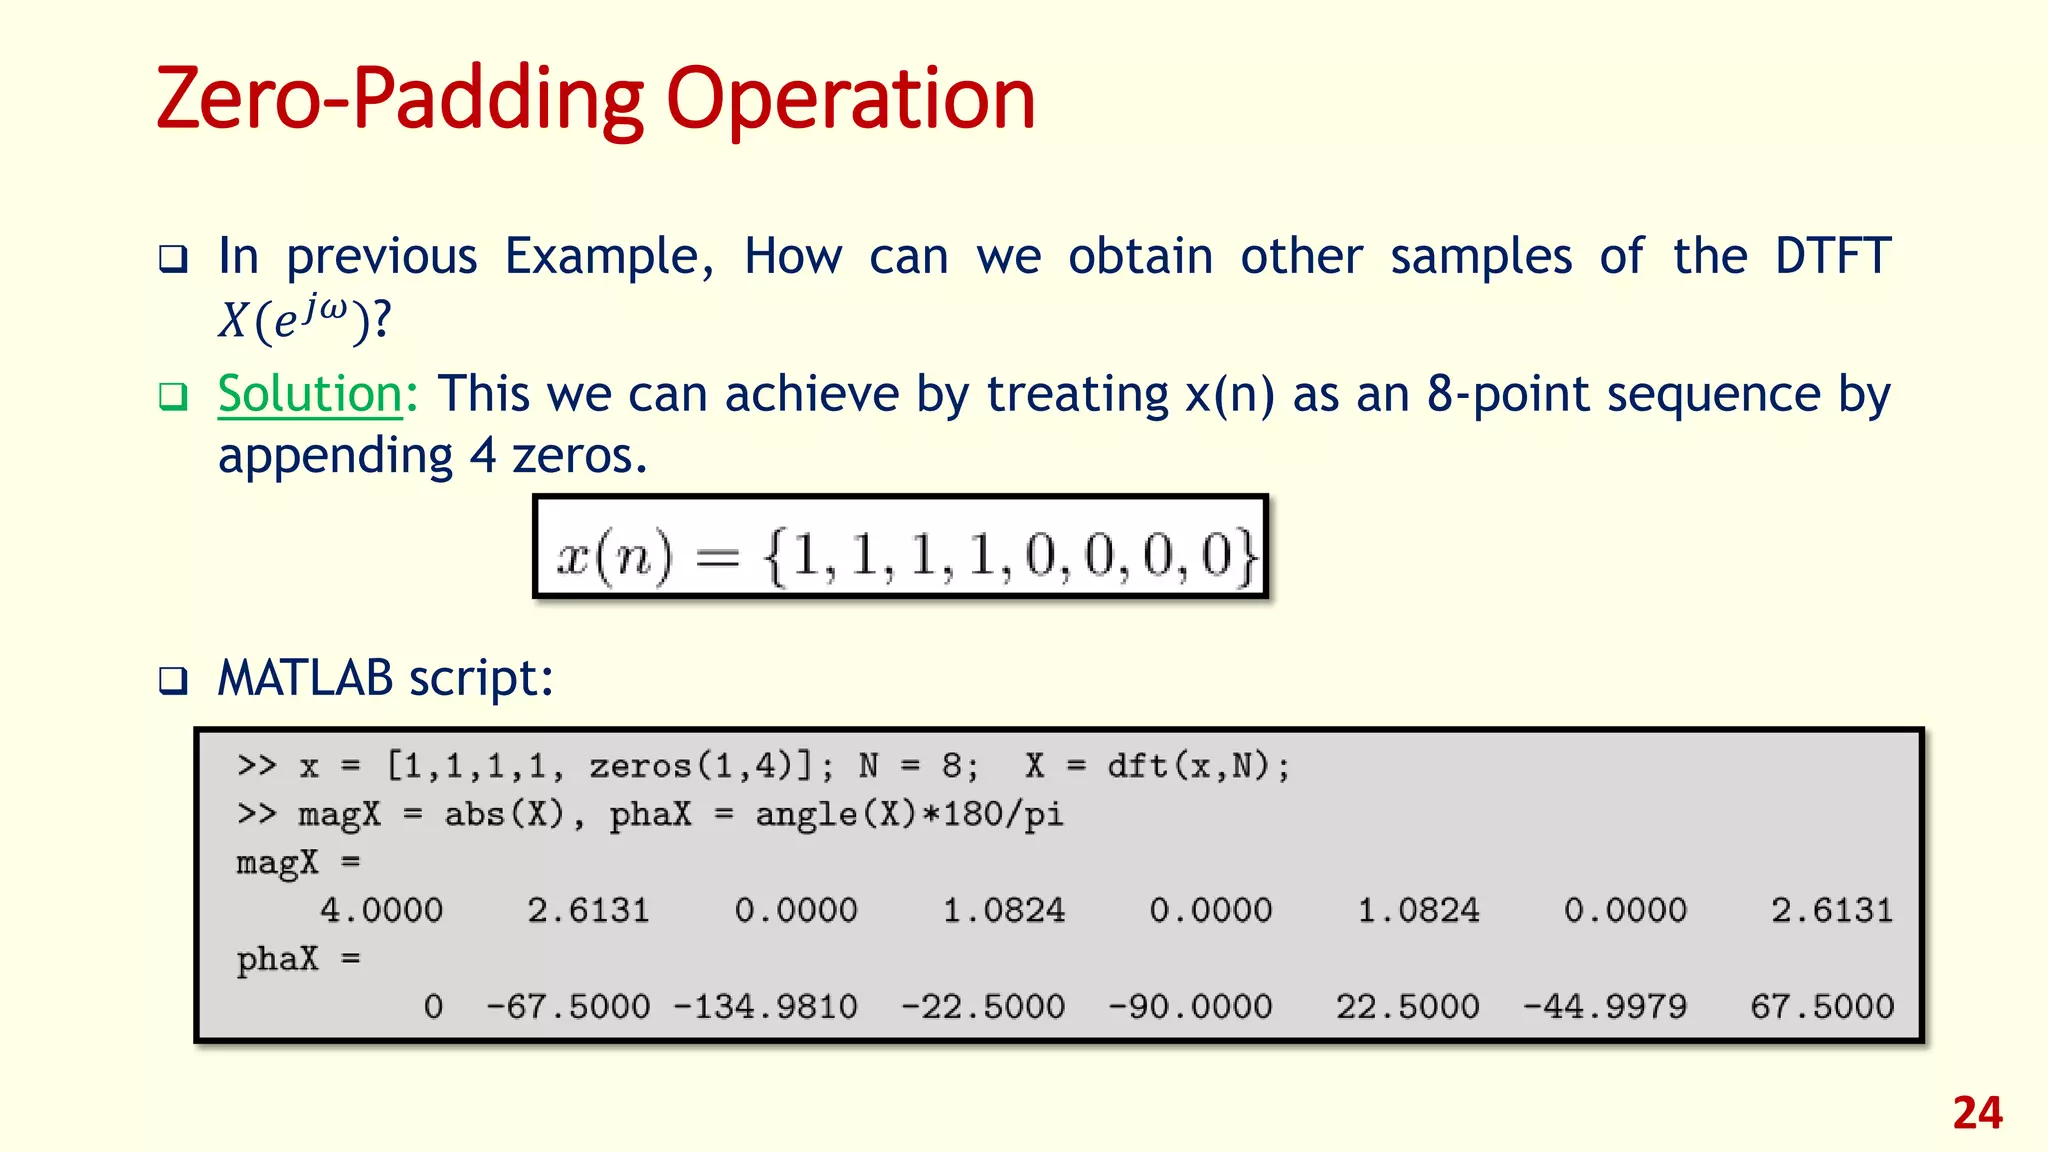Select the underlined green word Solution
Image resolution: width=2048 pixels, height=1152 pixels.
310,393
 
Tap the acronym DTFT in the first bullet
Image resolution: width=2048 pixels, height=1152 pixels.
1832,256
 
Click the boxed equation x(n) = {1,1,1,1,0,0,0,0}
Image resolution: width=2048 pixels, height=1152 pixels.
901,547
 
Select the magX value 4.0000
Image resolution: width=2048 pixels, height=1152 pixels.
381,910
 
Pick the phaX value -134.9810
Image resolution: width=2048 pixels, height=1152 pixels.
765,1006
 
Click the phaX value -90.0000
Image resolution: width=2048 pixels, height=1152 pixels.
1190,1006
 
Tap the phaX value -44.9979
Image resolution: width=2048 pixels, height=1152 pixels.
1604,1006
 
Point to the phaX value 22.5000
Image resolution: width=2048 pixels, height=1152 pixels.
1407,1006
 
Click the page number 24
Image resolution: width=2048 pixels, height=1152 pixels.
1977,1113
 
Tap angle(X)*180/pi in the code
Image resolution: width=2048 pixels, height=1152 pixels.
909,814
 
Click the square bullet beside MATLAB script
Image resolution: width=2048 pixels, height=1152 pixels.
173,682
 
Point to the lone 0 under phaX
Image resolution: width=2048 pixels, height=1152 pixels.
433,1006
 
